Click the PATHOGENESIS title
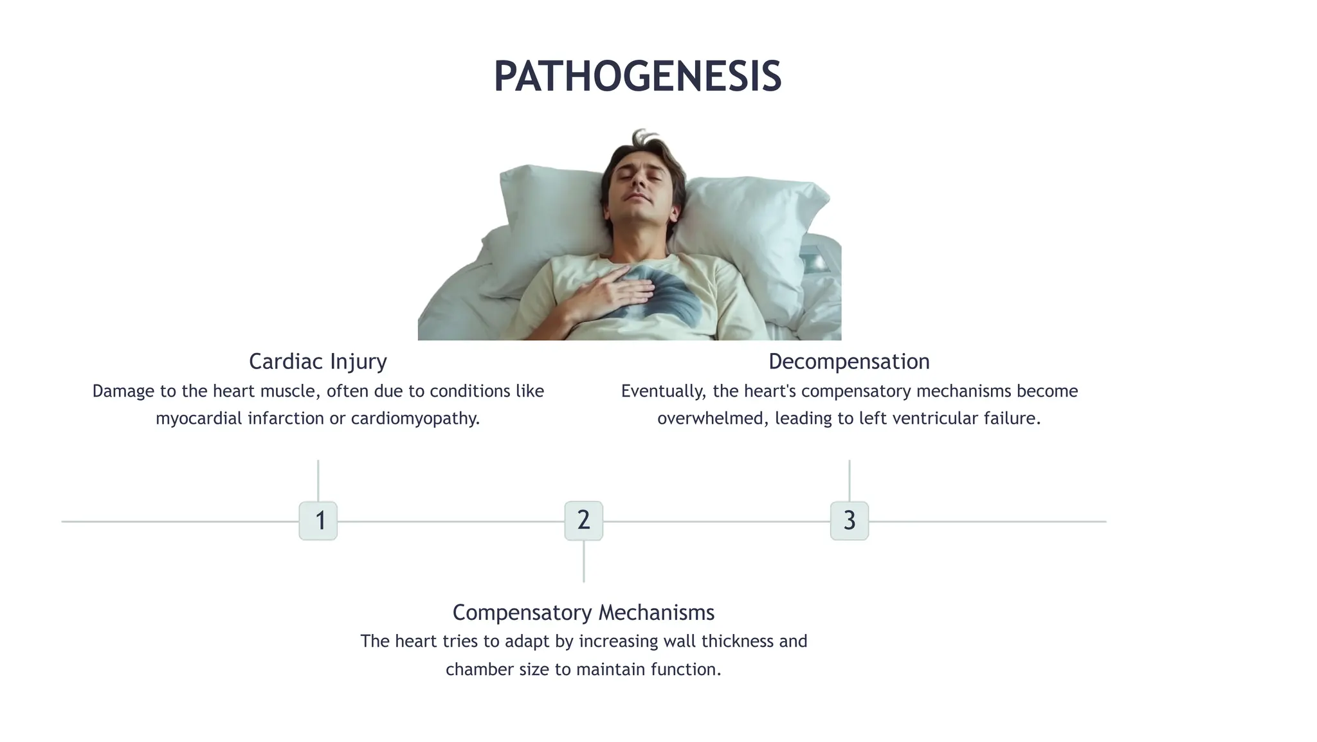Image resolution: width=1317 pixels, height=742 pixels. click(x=637, y=77)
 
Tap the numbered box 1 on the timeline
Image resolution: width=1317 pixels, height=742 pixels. click(x=318, y=521)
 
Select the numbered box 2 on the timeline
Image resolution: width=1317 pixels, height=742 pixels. click(x=583, y=521)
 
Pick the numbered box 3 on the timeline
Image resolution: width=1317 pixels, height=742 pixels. click(x=849, y=521)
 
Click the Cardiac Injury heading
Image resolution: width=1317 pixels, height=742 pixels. click(x=318, y=361)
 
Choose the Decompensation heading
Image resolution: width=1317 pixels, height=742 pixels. click(x=849, y=361)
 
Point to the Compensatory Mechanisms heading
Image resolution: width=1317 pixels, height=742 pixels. click(x=583, y=612)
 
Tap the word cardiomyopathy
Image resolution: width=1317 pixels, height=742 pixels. click(x=415, y=419)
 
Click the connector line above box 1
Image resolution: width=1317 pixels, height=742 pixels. click(x=318, y=480)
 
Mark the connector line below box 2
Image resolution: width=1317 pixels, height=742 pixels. click(x=583, y=561)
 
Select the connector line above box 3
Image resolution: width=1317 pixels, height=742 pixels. click(x=849, y=480)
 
